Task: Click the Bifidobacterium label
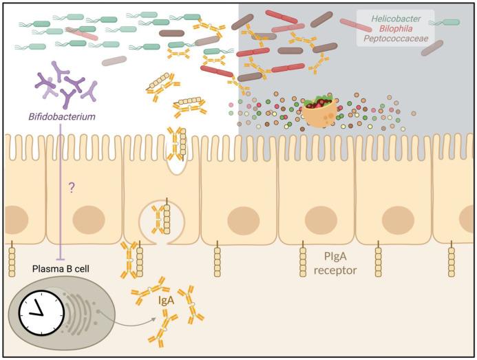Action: point(62,116)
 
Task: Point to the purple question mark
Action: point(70,187)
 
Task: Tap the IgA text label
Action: point(165,301)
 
